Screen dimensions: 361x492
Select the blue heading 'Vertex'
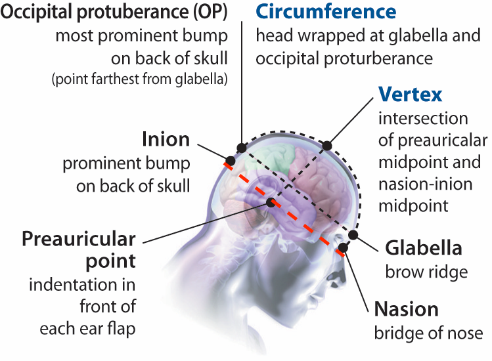click(411, 95)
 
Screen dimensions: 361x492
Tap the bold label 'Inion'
click(166, 139)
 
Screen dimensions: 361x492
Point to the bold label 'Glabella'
click(423, 248)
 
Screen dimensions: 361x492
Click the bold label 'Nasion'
click(406, 308)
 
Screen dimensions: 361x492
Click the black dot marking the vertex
click(327, 144)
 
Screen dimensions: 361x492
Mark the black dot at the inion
click(231, 160)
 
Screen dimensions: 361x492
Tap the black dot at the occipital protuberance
click(242, 148)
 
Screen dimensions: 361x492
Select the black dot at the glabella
click(353, 234)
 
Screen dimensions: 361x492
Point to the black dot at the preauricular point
click(270, 201)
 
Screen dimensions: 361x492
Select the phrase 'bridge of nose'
click(428, 332)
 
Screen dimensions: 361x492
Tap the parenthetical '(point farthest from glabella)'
click(140, 80)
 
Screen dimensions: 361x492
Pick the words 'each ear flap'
click(87, 328)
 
